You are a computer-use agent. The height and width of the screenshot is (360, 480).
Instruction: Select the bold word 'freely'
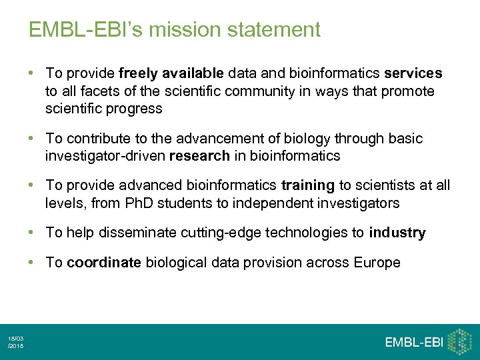pyautogui.click(x=138, y=73)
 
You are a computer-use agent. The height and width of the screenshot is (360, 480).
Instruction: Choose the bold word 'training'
pyautogui.click(x=309, y=185)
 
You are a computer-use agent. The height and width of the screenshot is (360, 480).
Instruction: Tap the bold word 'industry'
pyautogui.click(x=397, y=233)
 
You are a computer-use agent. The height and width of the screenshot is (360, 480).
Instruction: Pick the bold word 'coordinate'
pyautogui.click(x=104, y=263)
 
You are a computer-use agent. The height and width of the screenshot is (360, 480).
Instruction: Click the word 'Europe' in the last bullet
pyautogui.click(x=377, y=263)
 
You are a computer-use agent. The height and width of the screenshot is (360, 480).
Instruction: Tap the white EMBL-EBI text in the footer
pyautogui.click(x=413, y=342)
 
